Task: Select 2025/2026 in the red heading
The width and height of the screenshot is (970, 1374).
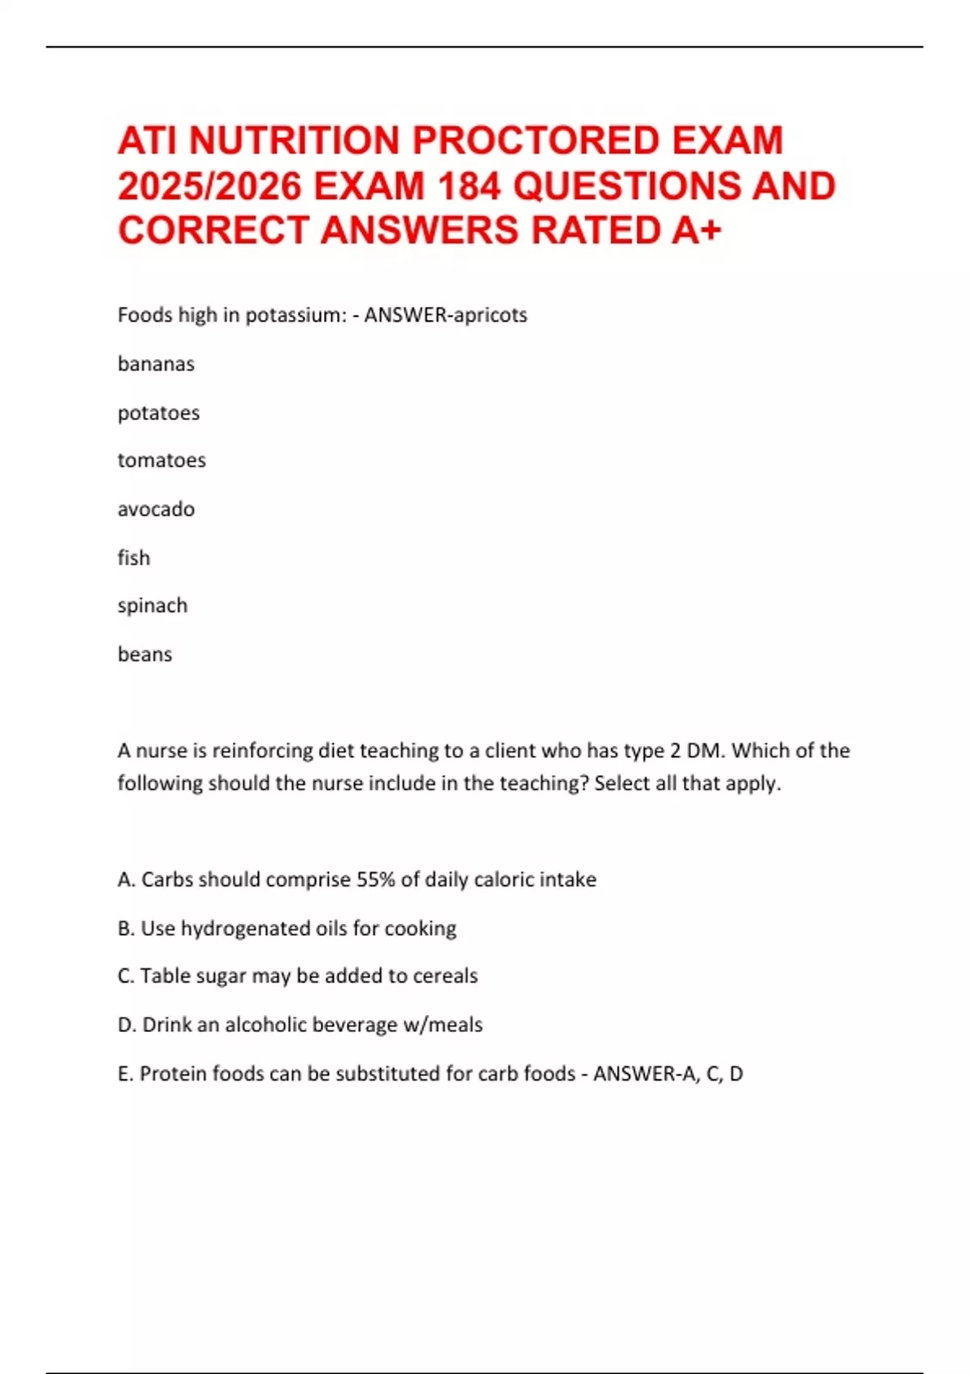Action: coord(209,186)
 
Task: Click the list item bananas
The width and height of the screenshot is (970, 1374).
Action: coord(156,364)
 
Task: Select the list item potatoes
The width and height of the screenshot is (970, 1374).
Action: coord(158,413)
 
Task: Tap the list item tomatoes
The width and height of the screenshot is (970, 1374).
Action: coord(162,460)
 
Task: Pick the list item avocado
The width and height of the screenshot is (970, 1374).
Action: coord(156,509)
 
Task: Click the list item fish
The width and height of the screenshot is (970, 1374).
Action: coord(134,558)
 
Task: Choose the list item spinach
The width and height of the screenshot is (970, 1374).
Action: coord(153,605)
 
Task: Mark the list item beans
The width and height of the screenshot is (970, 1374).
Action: coord(145,654)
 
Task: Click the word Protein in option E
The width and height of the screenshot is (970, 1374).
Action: coord(173,1073)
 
